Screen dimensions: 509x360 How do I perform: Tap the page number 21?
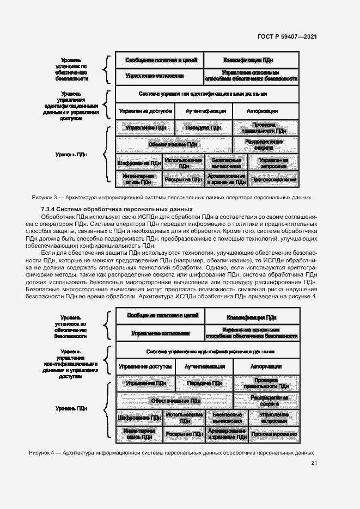[x=314, y=463]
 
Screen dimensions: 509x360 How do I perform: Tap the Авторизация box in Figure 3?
[x=266, y=110]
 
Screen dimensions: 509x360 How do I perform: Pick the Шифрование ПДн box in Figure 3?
[x=138, y=162]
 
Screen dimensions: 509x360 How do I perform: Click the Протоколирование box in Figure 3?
[x=273, y=179]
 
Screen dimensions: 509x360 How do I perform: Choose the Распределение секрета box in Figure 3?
[x=266, y=145]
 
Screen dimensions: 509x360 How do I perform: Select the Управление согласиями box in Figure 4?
[x=160, y=333]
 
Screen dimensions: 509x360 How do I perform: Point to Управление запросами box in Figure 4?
[x=274, y=418]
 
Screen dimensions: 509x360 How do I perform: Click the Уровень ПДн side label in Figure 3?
[x=71, y=154]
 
